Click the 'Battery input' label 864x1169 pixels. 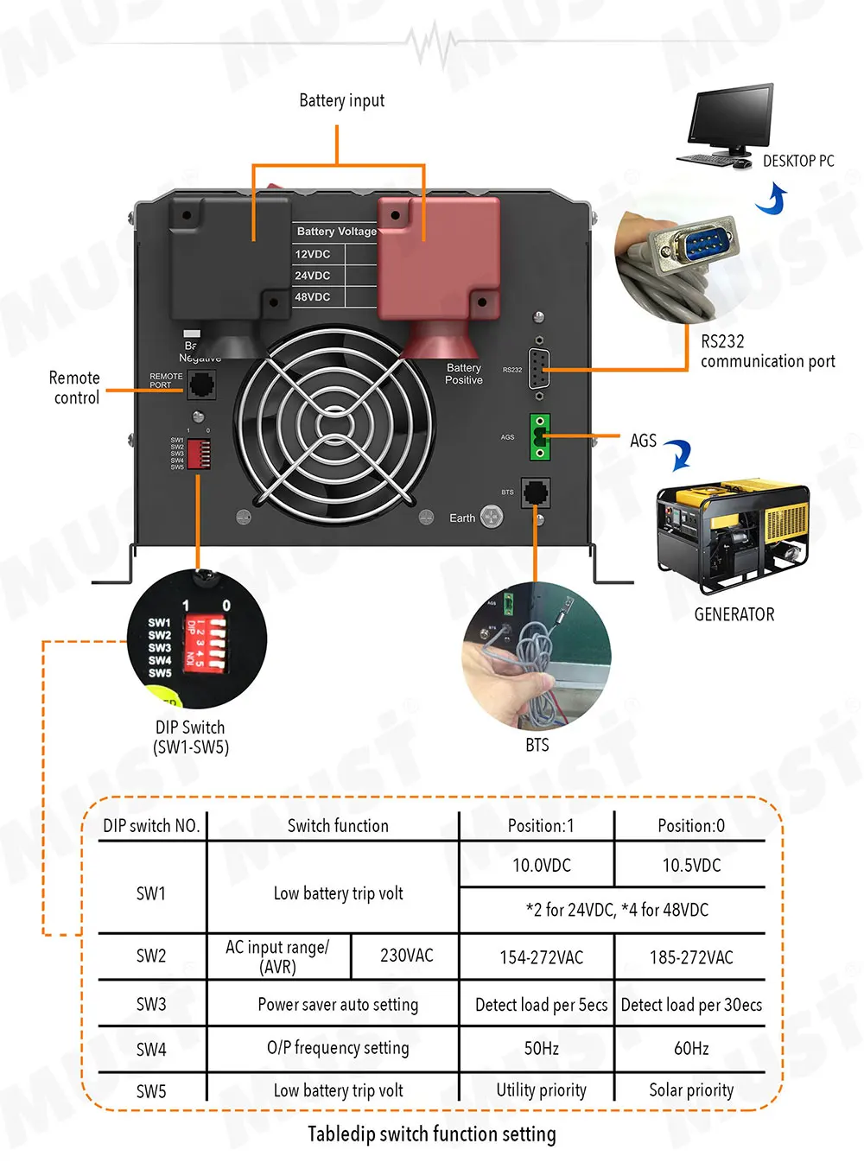coord(341,101)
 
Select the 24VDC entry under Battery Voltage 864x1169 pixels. coord(313,276)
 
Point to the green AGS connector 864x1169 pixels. coord(540,437)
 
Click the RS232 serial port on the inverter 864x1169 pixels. coord(539,370)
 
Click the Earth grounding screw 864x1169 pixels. coord(492,518)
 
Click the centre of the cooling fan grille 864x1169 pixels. coord(335,426)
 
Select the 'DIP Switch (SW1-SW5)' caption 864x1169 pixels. coord(191,737)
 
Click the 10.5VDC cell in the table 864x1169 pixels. coord(691,865)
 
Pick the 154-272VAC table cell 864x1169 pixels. coord(541,957)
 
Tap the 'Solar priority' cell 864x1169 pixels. coord(691,1090)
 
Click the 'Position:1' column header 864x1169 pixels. coord(541,825)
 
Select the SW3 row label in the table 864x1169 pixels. coord(151,1004)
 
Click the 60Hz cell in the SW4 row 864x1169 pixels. coord(691,1049)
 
